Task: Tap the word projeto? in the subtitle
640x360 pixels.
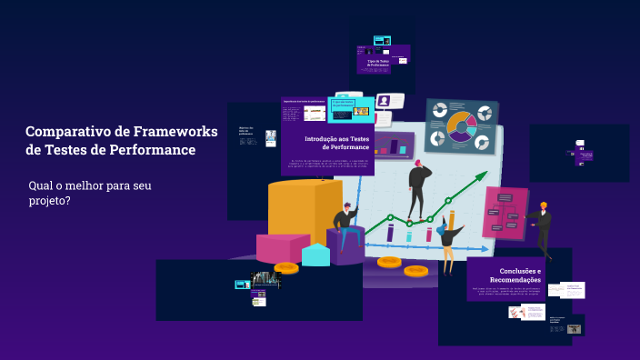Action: (x=49, y=201)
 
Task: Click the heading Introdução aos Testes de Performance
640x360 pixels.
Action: (x=336, y=143)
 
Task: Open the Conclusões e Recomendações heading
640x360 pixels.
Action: (x=520, y=275)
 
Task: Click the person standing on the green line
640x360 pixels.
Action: (x=417, y=187)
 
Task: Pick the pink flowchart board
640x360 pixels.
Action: (x=505, y=213)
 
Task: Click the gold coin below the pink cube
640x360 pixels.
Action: (x=286, y=267)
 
